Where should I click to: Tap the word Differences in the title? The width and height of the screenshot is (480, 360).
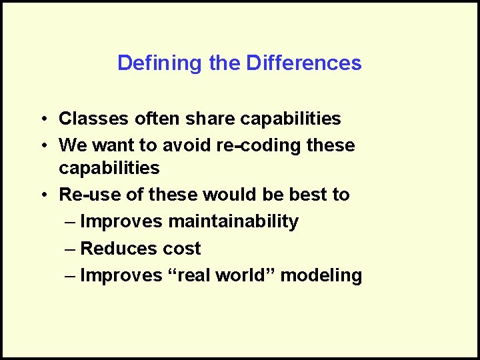pos(304,63)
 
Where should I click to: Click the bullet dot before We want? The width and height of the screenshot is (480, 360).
pos(41,145)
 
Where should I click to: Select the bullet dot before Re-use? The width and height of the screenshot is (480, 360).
pos(41,195)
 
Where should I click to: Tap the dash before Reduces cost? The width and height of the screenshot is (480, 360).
pos(71,249)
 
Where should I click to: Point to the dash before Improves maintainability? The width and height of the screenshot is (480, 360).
pos(71,222)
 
